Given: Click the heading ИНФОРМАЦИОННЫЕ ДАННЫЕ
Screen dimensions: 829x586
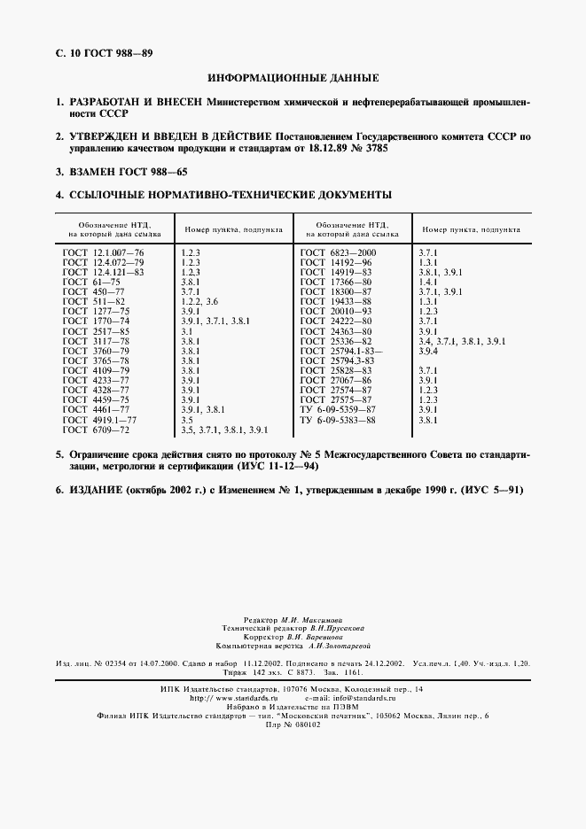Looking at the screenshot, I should click(x=293, y=78).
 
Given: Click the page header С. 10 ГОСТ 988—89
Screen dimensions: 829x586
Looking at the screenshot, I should click(x=100, y=53).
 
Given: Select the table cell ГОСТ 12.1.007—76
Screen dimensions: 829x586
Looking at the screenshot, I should click(x=103, y=252).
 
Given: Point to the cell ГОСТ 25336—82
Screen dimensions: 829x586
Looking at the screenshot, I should click(x=337, y=341).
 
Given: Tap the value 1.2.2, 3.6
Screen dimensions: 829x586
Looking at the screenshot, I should click(x=199, y=302).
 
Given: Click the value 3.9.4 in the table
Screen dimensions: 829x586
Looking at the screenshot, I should click(x=428, y=351).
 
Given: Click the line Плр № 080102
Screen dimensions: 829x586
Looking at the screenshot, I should click(x=293, y=724).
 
